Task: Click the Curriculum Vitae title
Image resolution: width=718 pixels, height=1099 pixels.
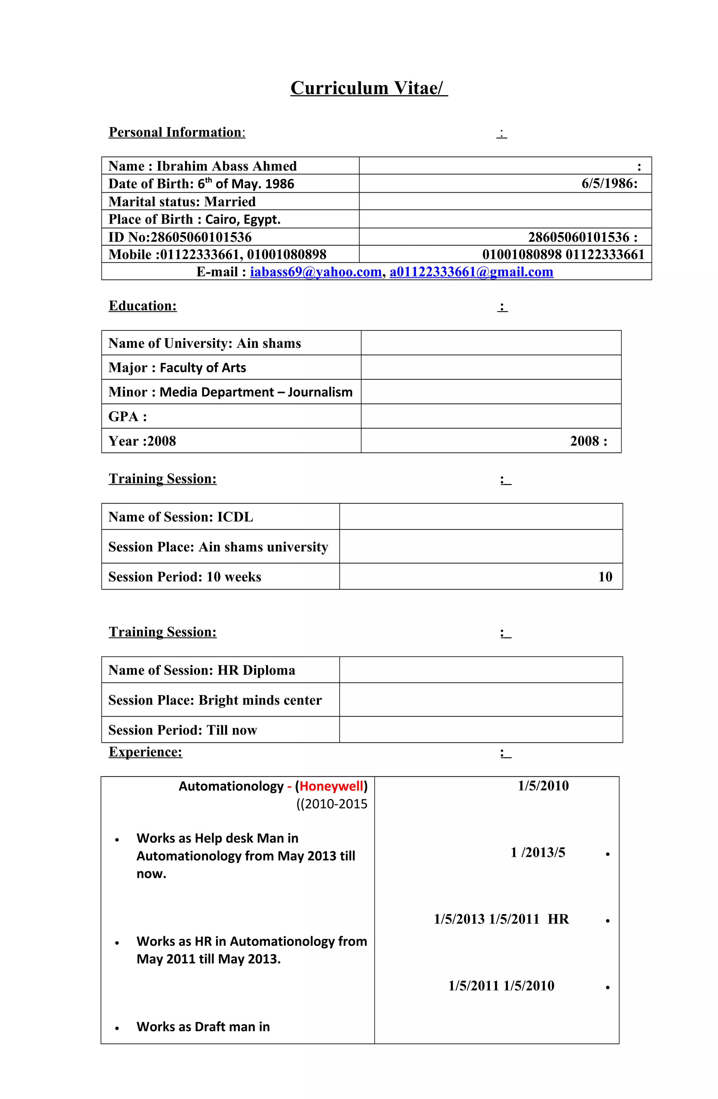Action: (x=369, y=88)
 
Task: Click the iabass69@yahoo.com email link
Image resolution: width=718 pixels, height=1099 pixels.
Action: (x=316, y=272)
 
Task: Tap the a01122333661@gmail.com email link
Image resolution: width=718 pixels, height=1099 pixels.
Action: (x=471, y=272)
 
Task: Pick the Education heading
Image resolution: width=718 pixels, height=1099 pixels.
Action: (x=143, y=306)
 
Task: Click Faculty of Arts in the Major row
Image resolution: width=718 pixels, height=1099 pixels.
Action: (x=203, y=368)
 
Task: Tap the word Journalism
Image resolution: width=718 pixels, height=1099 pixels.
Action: (x=320, y=392)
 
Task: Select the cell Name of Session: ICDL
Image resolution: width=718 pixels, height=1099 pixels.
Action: (x=181, y=517)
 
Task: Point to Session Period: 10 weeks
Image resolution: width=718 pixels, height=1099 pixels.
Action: (x=184, y=577)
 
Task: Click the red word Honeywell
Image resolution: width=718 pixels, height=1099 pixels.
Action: (x=331, y=786)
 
